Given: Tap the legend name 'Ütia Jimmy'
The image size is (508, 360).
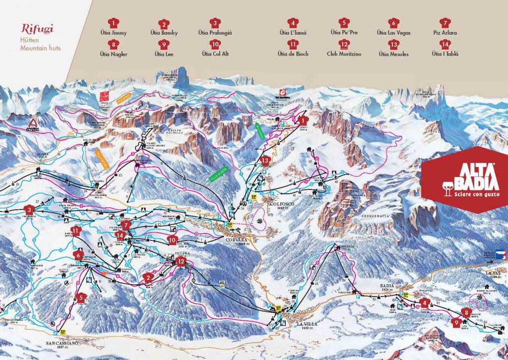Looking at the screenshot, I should pos(115,33).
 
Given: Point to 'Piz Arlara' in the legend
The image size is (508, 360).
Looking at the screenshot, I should pos(444,33).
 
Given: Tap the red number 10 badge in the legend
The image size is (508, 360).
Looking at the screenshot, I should pos(214,44).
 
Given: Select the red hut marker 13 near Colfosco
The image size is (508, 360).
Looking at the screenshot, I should pos(266,160).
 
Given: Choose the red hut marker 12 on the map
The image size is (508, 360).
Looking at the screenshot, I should pos(182,261).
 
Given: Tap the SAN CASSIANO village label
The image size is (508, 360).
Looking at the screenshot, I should pos(62,342).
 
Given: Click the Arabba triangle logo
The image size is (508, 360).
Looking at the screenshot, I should pos(33,123).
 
